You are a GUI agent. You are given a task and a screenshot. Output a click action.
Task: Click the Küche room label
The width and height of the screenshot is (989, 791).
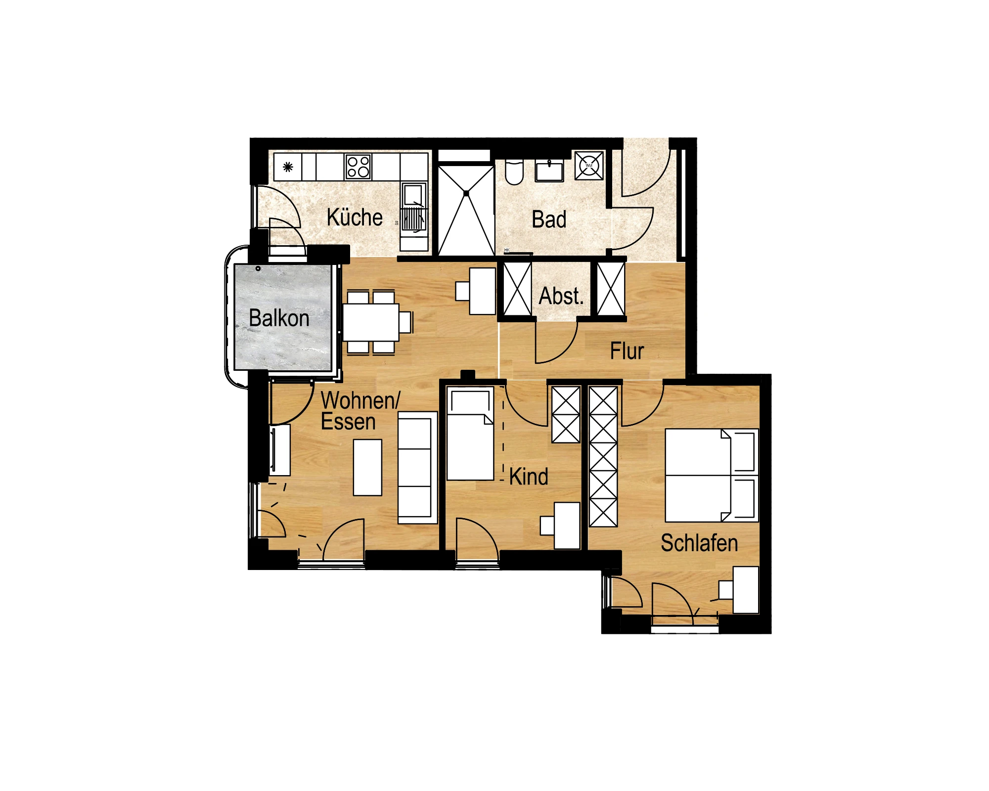tap(355, 218)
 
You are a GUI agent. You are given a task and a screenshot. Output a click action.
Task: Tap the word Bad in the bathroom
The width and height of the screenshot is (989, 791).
tap(549, 220)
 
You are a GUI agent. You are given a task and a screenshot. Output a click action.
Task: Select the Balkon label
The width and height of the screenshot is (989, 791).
tap(279, 318)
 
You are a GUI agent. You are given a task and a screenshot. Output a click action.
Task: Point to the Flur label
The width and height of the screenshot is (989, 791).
tap(627, 351)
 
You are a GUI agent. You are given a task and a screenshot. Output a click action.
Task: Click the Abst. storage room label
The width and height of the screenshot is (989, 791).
tap(561, 296)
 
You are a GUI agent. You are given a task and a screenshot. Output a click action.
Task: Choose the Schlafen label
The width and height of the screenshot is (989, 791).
tap(699, 543)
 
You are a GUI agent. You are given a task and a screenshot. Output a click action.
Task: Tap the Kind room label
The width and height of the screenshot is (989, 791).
tap(529, 477)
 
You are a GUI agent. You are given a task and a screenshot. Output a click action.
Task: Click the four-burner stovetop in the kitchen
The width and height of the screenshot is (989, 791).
tap(359, 167)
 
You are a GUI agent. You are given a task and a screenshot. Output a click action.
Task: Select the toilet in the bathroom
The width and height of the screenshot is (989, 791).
tap(514, 172)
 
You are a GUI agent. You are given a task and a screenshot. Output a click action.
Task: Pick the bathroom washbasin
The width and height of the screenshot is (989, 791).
tap(549, 171)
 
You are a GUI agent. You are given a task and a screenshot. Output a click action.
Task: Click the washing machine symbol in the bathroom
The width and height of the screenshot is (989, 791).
tap(589, 166)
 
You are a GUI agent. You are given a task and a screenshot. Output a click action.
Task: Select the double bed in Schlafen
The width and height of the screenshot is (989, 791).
tap(711, 476)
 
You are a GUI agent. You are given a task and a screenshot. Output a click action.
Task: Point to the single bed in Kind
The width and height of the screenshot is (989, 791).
tap(470, 434)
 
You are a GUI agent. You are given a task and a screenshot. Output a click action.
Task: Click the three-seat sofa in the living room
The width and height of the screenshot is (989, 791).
tap(417, 467)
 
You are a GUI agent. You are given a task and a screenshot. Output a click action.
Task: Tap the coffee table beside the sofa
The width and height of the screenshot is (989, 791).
tap(367, 467)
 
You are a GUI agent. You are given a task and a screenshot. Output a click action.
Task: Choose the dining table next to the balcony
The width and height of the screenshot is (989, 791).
tap(371, 322)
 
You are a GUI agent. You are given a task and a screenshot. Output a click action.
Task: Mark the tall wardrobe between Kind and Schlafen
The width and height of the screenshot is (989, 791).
tap(603, 456)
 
